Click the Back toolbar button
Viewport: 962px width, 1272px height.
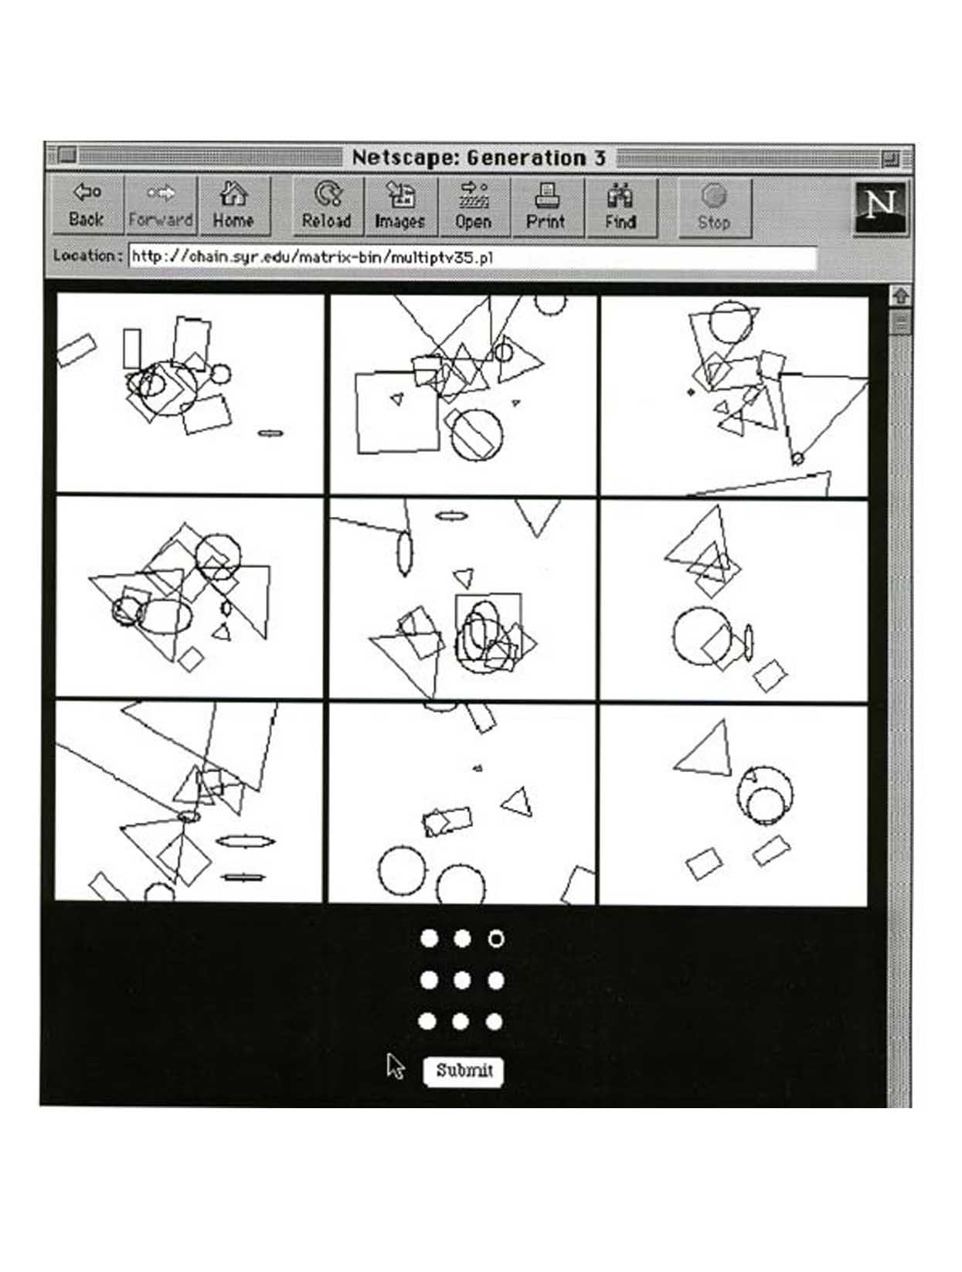point(87,206)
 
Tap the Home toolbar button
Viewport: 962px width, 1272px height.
point(234,206)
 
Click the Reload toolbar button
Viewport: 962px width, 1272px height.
point(328,207)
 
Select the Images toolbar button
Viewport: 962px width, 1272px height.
point(401,207)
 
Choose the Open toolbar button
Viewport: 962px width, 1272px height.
point(474,207)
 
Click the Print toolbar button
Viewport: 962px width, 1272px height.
point(547,207)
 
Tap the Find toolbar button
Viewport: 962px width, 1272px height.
point(621,207)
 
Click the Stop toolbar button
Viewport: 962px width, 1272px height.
point(715,208)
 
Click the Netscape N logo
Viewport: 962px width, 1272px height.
point(880,208)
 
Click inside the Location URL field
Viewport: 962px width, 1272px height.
point(473,257)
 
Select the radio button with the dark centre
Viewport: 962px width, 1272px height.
point(496,938)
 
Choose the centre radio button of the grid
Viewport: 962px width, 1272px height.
point(461,980)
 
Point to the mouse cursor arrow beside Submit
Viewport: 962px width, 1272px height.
point(395,1066)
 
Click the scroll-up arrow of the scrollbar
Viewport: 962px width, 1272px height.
point(900,296)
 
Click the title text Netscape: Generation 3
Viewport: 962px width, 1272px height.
point(478,158)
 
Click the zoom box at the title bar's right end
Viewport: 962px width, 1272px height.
point(891,158)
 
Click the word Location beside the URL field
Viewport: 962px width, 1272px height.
point(83,256)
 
